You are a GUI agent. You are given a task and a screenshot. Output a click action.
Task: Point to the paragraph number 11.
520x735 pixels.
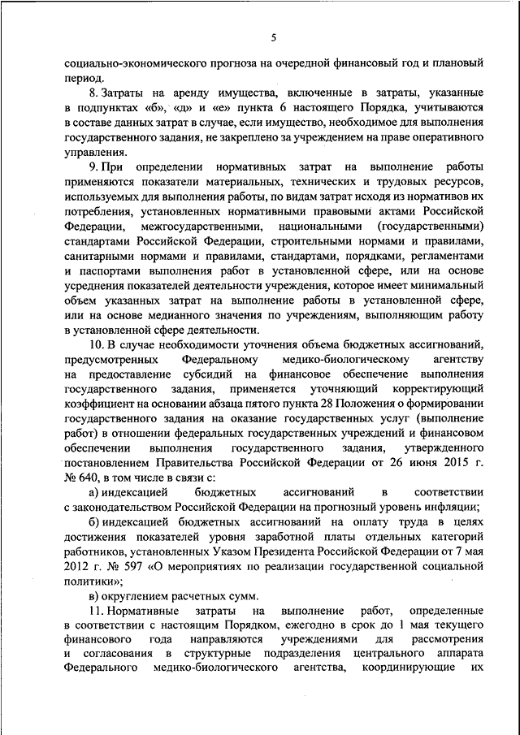[96, 609]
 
